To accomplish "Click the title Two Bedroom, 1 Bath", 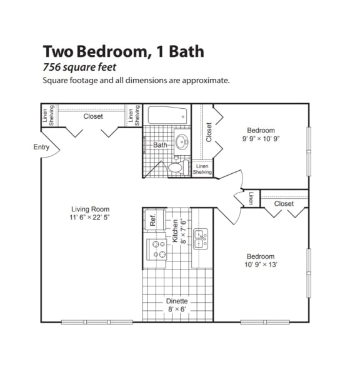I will tap(123, 51).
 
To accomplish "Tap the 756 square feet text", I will tap(79, 68).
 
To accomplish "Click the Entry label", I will tap(41, 148).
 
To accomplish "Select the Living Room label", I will tap(91, 210).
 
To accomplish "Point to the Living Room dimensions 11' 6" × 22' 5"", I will tap(91, 218).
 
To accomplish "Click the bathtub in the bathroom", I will tap(167, 115).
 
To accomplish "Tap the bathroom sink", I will tap(182, 140).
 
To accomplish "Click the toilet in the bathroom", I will tap(177, 166).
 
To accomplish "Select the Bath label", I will tap(160, 146).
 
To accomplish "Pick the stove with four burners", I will tap(156, 250).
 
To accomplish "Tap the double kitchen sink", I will tap(201, 239).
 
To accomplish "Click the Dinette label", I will tap(177, 301).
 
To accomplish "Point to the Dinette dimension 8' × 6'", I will tap(177, 310).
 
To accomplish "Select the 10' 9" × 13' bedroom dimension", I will tap(260, 265).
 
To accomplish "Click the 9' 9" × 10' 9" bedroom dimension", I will tap(261, 139).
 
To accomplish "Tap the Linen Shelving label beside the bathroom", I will tap(202, 169).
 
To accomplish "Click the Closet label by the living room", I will tap(93, 116).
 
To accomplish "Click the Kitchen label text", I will tap(176, 231).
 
